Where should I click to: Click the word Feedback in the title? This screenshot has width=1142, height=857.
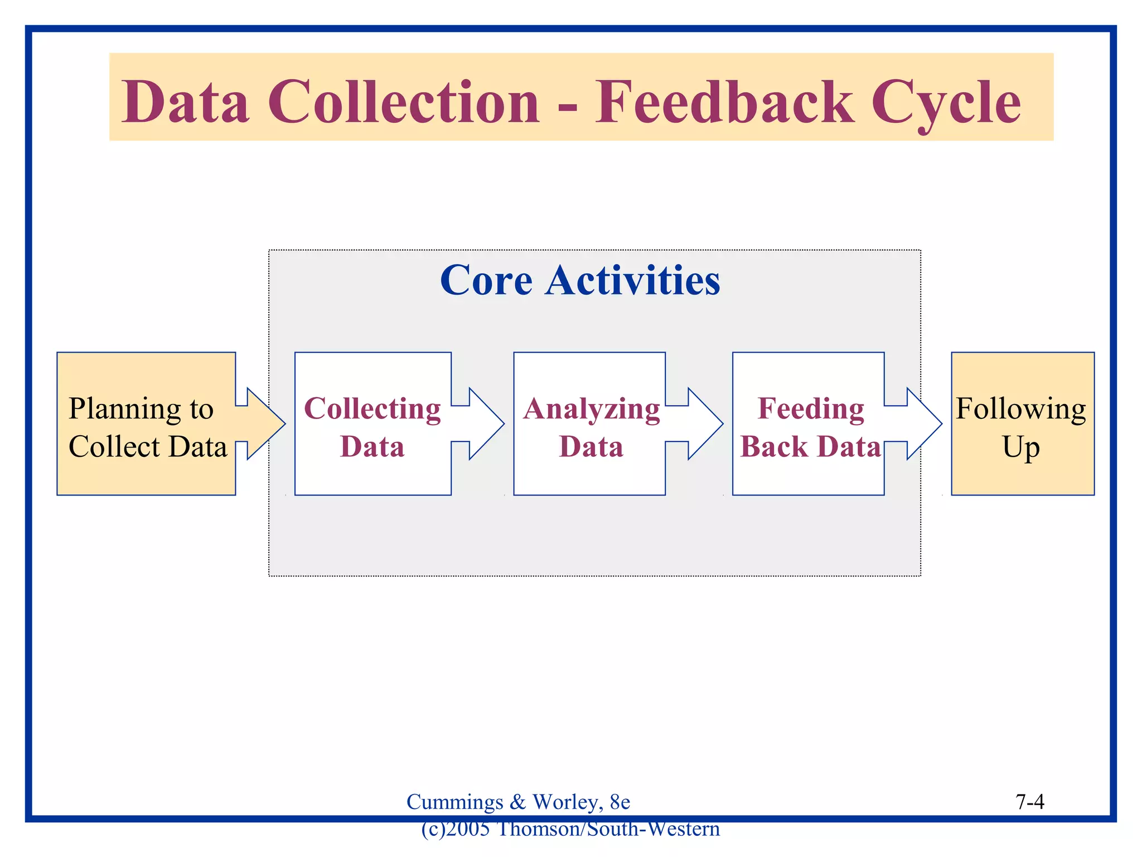click(724, 102)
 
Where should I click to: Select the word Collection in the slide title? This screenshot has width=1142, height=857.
click(404, 102)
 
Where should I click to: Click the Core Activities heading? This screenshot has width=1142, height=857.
click(580, 280)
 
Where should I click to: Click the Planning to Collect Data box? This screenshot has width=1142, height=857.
click(146, 424)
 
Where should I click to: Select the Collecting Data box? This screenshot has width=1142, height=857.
click(372, 424)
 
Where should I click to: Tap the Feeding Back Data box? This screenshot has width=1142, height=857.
click(809, 424)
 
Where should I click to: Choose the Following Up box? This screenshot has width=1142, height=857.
click(1022, 424)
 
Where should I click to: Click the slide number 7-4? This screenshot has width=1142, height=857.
click(1029, 802)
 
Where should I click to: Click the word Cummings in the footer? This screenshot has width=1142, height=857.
click(454, 802)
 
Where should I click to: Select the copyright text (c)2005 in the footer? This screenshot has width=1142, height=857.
click(455, 829)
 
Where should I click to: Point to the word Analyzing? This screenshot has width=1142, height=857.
click(591, 409)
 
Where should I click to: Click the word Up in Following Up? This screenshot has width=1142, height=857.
click(1021, 447)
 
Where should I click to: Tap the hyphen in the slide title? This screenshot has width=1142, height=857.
click(567, 105)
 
